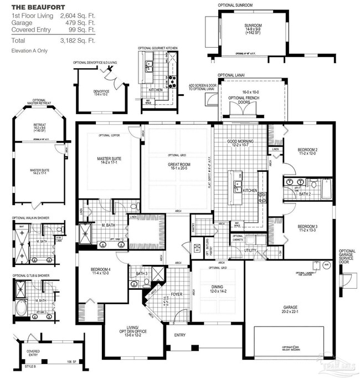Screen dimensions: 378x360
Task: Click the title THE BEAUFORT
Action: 32,8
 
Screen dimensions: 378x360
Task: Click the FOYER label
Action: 177,294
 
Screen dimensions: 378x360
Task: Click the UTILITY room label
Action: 250,251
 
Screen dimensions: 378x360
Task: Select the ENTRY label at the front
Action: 180,335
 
